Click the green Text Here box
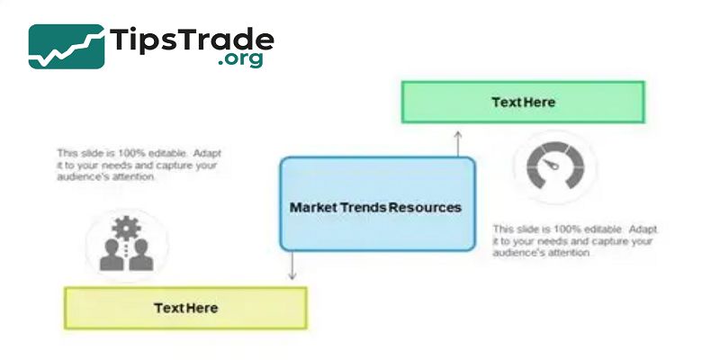tap(523, 102)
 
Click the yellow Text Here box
tap(185, 308)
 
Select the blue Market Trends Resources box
tap(377, 203)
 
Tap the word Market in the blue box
tap(312, 207)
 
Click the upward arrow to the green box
tap(457, 141)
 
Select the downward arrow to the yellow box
tap(292, 266)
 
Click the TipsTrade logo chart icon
tap(65, 46)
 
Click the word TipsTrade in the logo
tap(192, 40)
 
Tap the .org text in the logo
tap(239, 61)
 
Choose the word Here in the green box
tap(539, 102)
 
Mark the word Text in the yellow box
tap(168, 308)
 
